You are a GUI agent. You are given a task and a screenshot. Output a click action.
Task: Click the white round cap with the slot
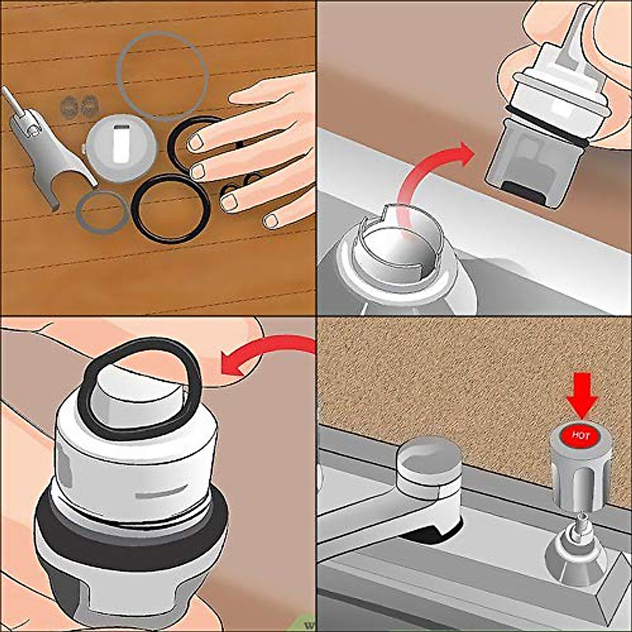[122, 147]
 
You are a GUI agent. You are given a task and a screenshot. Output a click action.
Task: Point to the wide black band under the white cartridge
[132, 532]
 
